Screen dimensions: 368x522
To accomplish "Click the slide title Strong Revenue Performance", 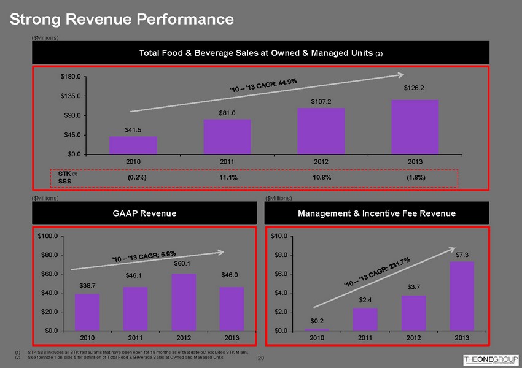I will [x=122, y=19].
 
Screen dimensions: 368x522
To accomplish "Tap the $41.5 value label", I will [x=133, y=129].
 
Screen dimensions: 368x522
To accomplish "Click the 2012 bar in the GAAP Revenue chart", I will [x=184, y=302].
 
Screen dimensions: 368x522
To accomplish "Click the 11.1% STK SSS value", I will [x=228, y=177].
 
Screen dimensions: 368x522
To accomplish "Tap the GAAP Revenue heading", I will [x=144, y=213].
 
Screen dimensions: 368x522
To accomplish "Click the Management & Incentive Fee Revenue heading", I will [x=376, y=213].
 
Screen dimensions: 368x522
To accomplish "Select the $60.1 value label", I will [x=184, y=264].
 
